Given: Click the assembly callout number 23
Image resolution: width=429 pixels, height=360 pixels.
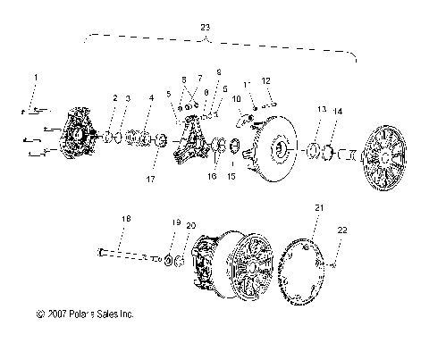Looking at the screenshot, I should tap(206, 28).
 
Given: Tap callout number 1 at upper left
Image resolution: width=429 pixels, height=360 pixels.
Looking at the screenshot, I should tap(36, 79).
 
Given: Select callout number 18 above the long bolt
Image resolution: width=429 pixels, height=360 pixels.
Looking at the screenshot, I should tap(124, 218).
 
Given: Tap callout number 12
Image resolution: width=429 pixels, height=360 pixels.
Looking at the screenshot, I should tap(265, 81).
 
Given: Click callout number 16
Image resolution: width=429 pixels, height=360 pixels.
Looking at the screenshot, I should tap(213, 176).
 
